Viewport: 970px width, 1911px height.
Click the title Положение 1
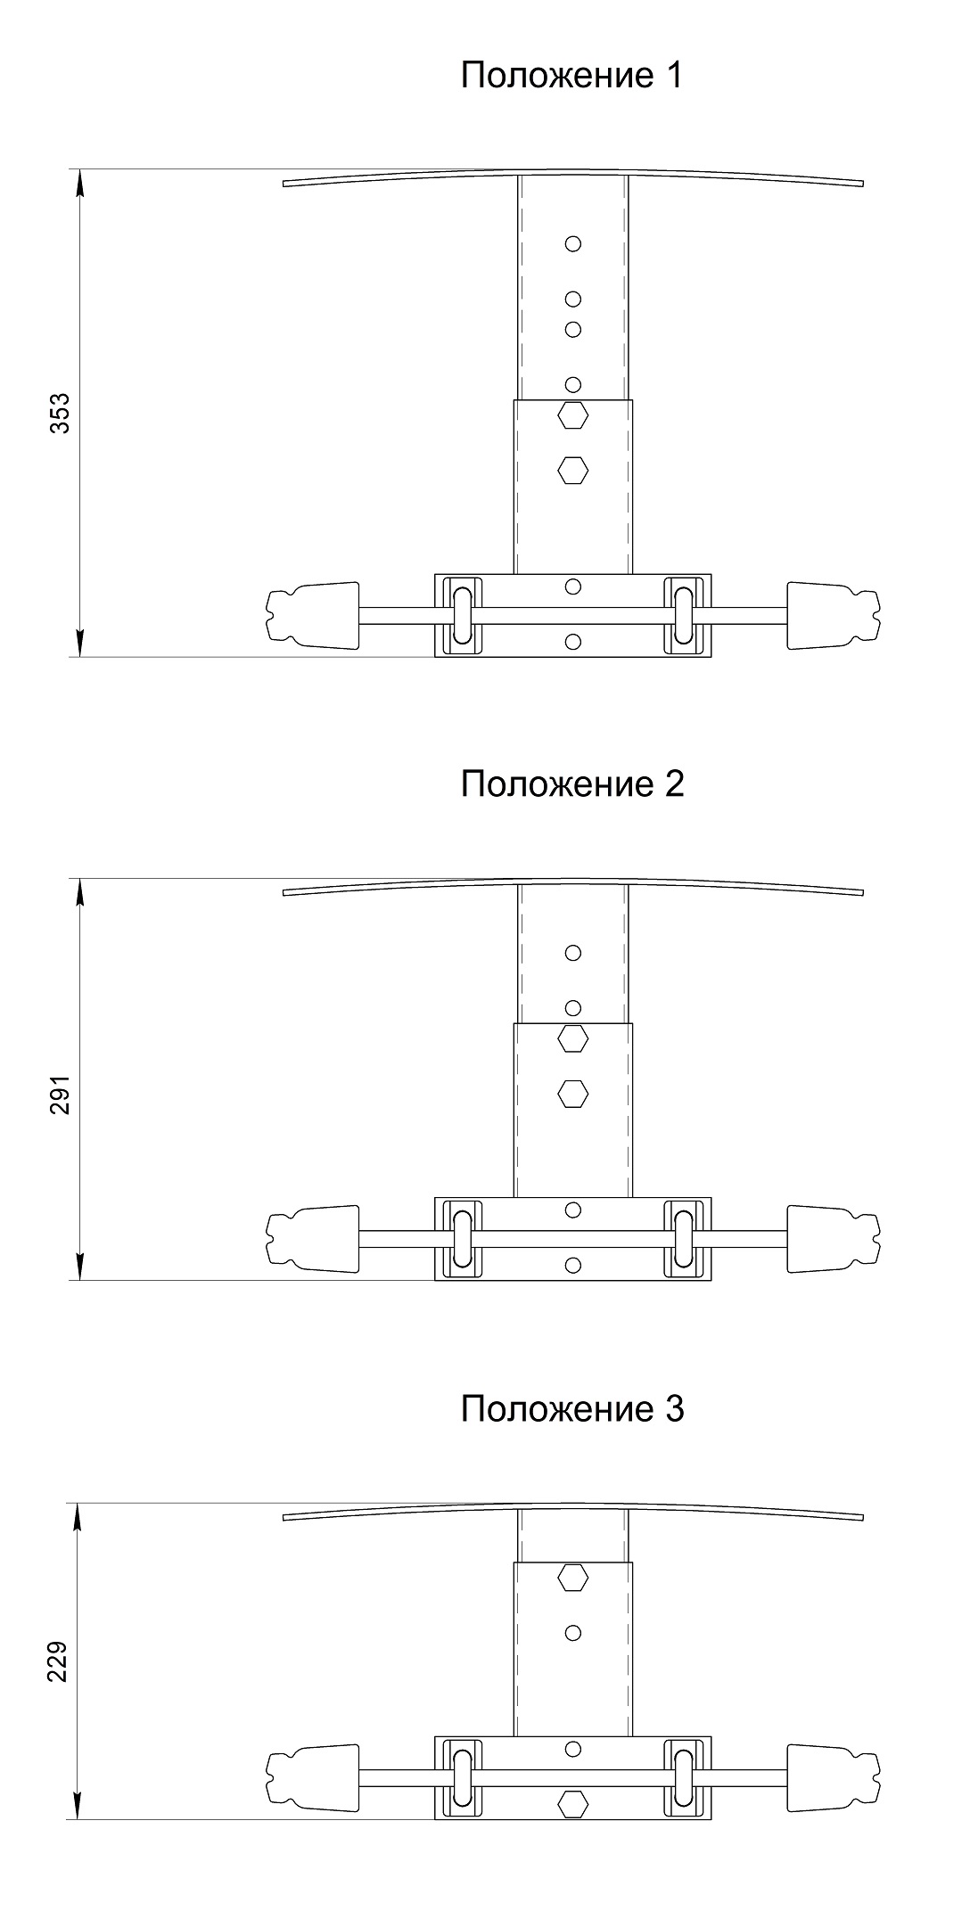point(571,77)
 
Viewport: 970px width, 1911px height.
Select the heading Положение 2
point(572,784)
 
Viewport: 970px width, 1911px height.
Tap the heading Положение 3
point(572,1409)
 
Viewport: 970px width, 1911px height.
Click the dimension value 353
point(60,413)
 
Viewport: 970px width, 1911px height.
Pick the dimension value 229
point(60,1660)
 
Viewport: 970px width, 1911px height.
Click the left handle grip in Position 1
point(312,615)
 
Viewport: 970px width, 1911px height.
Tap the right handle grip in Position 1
point(834,615)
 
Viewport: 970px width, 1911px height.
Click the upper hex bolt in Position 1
point(572,414)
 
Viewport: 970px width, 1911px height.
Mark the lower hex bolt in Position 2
point(572,1093)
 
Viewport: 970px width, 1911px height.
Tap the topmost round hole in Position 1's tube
point(573,242)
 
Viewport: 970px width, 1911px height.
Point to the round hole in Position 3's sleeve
point(573,1633)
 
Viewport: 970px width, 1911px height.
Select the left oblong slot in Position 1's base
point(464,615)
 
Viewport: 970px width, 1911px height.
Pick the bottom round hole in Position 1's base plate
point(573,640)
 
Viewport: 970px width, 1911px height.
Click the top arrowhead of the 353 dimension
point(80,182)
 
